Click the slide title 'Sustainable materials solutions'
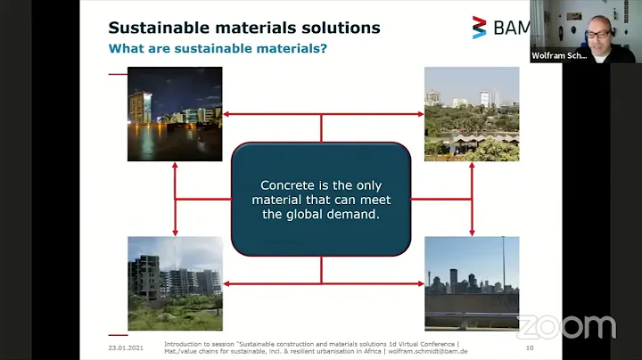(x=243, y=28)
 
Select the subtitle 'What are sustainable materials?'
(x=217, y=48)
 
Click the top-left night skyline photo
(x=175, y=114)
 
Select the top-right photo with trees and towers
(x=471, y=114)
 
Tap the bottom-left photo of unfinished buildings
(x=175, y=283)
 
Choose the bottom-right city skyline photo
(x=471, y=283)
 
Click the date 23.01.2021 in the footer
(x=127, y=347)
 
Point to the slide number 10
(x=529, y=347)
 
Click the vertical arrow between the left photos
(x=175, y=199)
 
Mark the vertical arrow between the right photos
(x=471, y=199)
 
